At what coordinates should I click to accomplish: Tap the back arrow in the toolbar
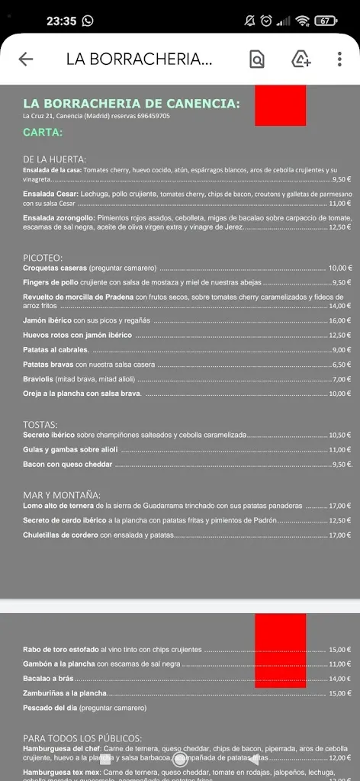(x=26, y=59)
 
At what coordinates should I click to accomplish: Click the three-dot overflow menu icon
(x=339, y=59)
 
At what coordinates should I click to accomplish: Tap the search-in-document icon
(x=257, y=59)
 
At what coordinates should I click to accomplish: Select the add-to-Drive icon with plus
(x=301, y=59)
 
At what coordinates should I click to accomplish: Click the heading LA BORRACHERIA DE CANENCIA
(x=131, y=103)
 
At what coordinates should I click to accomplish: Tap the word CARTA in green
(x=43, y=132)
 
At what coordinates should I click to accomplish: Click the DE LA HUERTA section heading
(x=54, y=159)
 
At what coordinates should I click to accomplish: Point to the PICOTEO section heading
(x=43, y=258)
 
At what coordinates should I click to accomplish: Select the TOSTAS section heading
(x=40, y=424)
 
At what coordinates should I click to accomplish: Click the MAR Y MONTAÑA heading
(x=62, y=495)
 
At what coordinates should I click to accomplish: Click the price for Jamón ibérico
(x=339, y=321)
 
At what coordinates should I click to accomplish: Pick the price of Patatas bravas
(x=341, y=365)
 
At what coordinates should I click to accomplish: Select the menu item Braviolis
(x=37, y=379)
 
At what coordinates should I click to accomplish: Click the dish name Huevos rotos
(x=46, y=336)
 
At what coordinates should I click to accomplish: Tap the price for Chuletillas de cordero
(x=339, y=535)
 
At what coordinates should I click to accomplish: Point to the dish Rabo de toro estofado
(x=61, y=650)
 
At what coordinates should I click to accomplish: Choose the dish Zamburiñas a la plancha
(x=65, y=693)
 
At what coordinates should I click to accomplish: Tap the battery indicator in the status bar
(x=325, y=21)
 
